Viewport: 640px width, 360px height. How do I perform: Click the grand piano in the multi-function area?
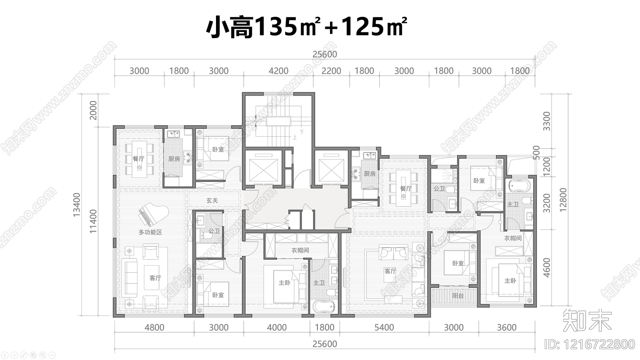tap(145, 216)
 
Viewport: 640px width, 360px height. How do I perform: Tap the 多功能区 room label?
tap(150, 232)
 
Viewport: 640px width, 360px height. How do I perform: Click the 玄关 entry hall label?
tap(212, 200)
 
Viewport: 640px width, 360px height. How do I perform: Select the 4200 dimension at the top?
tap(278, 71)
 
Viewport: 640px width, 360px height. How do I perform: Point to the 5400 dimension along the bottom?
tap(384, 328)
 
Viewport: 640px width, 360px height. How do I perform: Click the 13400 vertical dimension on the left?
tap(77, 205)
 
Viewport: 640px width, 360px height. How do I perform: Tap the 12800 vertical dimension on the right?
tap(563, 200)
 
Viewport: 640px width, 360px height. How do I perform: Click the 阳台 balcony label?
tap(458, 296)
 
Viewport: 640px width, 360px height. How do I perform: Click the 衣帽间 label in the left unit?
tap(300, 250)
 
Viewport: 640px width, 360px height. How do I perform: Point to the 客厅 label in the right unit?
tap(390, 271)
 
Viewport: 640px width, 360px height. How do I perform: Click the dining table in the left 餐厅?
tap(139, 159)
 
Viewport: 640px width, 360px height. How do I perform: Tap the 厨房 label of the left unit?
tap(174, 159)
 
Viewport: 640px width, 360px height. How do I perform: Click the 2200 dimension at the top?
tap(331, 71)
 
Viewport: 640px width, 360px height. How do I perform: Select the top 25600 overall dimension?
tap(324, 54)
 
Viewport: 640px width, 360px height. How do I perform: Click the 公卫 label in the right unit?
tap(439, 188)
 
